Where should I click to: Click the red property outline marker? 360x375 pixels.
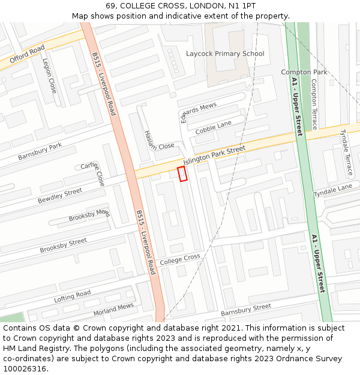[182, 174]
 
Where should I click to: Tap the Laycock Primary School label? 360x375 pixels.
[225, 54]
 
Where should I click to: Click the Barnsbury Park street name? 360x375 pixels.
[40, 151]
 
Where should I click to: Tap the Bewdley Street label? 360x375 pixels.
[60, 196]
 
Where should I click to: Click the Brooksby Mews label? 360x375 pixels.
[89, 215]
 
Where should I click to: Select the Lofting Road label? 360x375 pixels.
[72, 296]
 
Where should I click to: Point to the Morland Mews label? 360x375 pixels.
[113, 310]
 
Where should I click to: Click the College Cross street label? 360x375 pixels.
[180, 259]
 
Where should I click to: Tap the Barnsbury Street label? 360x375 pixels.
[246, 310]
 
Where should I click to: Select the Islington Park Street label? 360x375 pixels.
[214, 155]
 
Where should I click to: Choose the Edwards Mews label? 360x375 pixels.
[198, 112]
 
